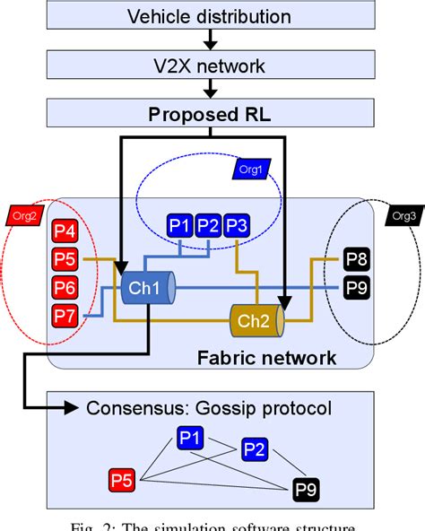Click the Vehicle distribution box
[209, 16]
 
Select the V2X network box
[209, 67]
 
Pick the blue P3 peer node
[238, 226]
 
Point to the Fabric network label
[266, 359]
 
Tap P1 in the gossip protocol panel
[189, 439]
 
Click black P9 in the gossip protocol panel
[306, 490]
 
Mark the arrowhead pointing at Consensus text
[75, 409]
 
